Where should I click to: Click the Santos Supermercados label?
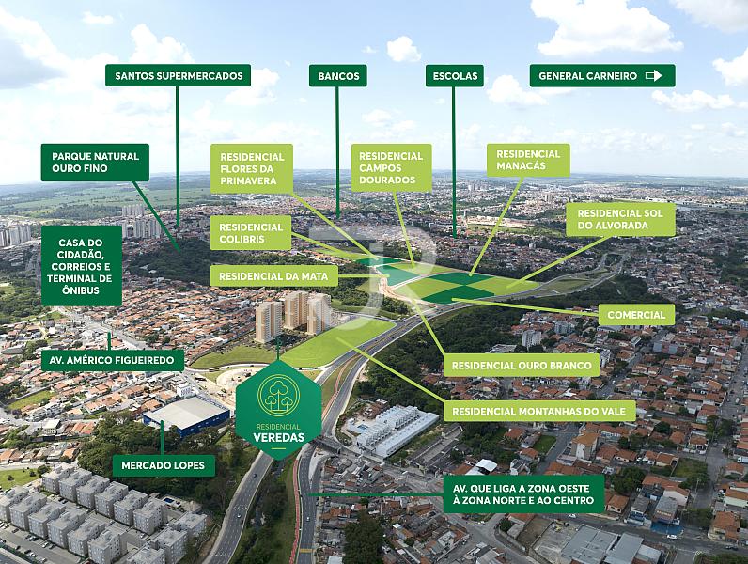[178, 75]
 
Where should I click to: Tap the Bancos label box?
[338, 75]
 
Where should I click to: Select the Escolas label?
[455, 75]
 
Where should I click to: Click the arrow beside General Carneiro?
[653, 75]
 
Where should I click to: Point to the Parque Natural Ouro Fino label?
[95, 163]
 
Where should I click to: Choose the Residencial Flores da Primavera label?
[252, 168]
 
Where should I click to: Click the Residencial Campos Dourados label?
[391, 168]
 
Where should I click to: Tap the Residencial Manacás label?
[528, 160]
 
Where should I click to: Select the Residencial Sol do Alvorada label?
[620, 220]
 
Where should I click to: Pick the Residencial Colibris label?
[251, 233]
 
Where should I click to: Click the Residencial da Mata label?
[273, 276]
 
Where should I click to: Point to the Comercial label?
[636, 315]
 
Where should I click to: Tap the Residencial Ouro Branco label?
[522, 366]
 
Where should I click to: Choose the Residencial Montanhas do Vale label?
[539, 412]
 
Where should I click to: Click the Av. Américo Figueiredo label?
[112, 360]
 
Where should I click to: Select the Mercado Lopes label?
[164, 465]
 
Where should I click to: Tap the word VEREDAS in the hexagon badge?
[277, 437]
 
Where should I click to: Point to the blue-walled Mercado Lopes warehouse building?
[186, 415]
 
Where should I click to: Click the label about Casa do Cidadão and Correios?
[82, 266]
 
